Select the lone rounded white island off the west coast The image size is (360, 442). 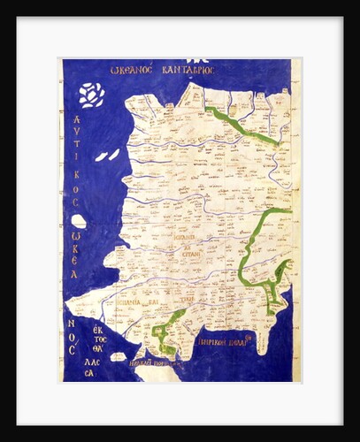pos(79,222)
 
